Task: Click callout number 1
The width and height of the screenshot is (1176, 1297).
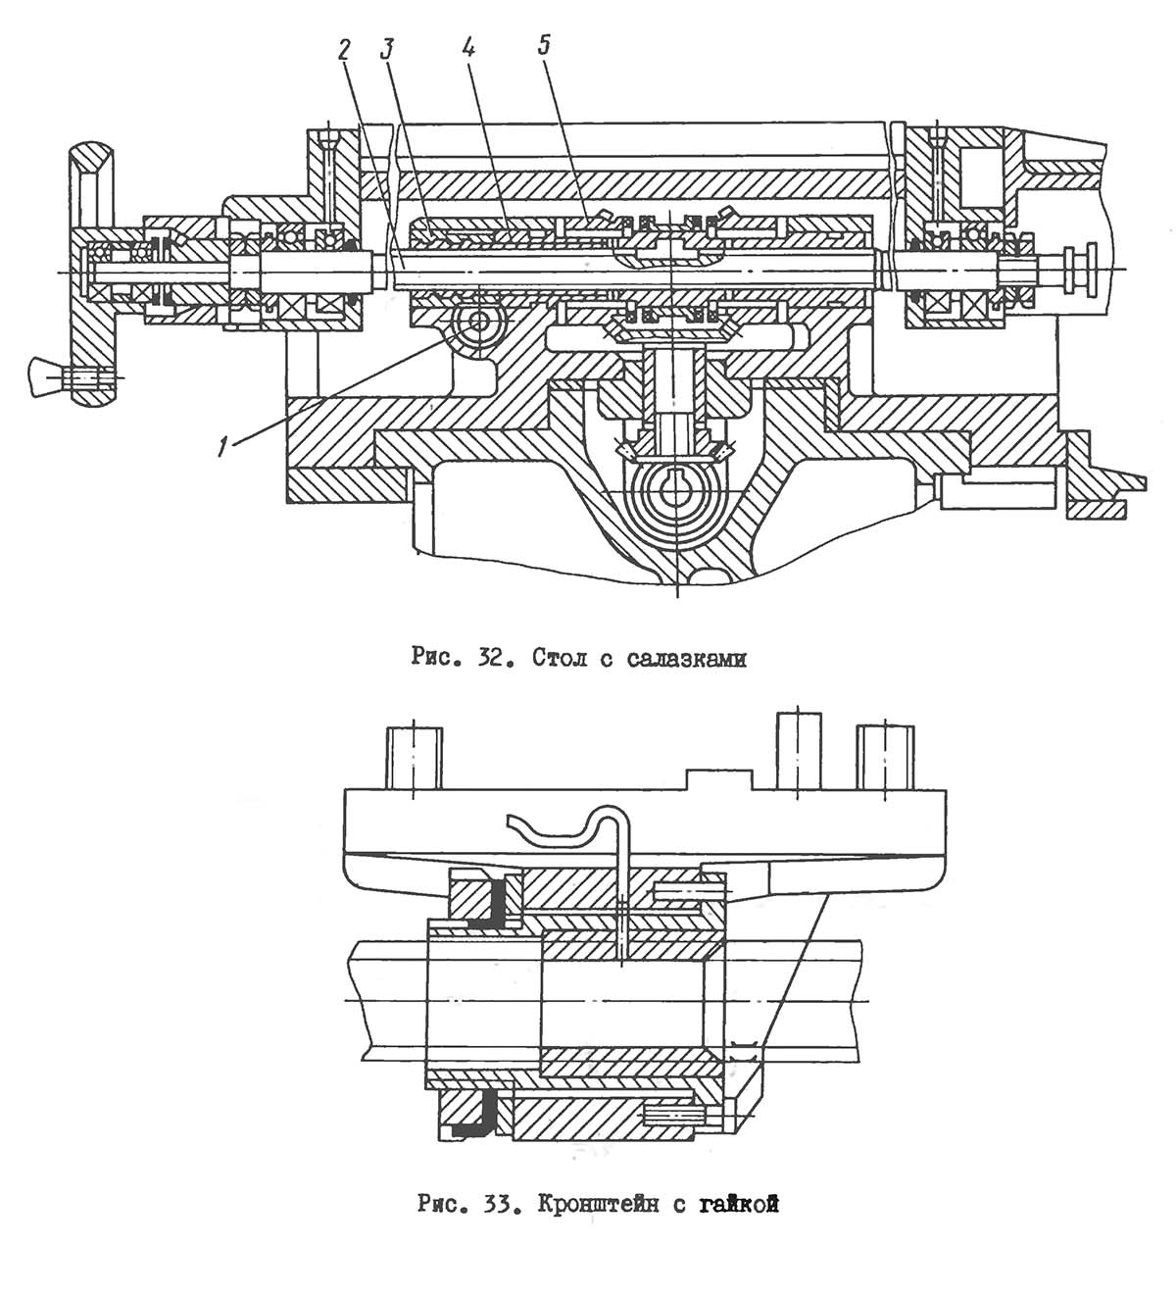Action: [223, 446]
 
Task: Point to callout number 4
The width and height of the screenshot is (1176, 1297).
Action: [468, 49]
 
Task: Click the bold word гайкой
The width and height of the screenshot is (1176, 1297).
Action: [738, 1205]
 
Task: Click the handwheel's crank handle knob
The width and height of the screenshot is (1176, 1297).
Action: [45, 375]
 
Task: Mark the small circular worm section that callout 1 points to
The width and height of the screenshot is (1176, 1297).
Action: [479, 321]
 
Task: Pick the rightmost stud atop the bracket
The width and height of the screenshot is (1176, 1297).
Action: [885, 757]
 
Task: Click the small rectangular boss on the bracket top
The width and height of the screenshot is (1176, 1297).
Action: [718, 779]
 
